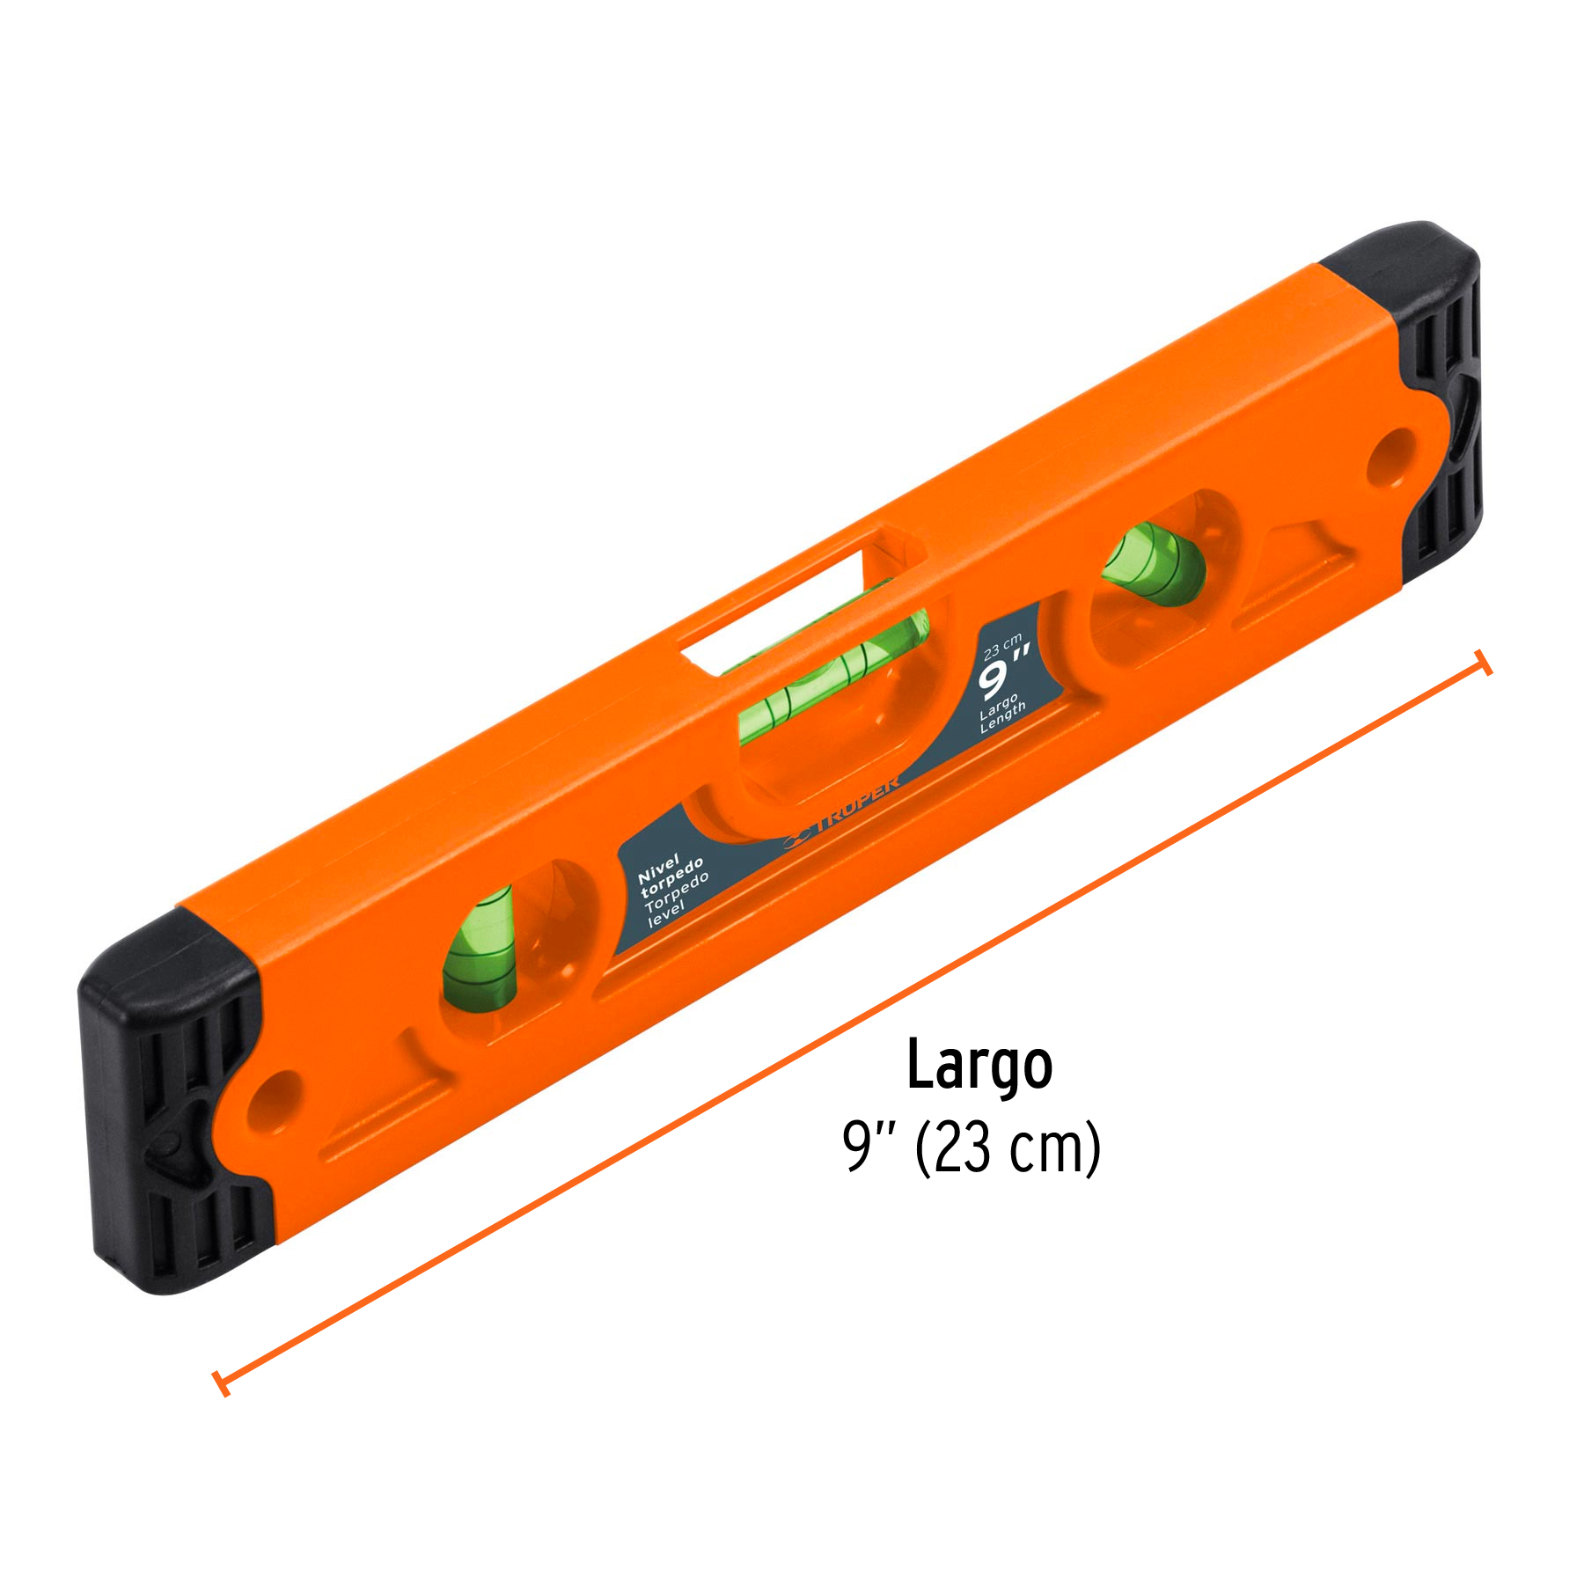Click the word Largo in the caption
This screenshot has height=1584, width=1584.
pyautogui.click(x=979, y=1066)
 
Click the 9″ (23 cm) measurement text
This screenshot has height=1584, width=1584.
pyautogui.click(x=972, y=1148)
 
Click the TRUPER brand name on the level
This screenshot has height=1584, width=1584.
pyautogui.click(x=858, y=801)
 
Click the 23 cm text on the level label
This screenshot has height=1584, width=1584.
pyautogui.click(x=1001, y=648)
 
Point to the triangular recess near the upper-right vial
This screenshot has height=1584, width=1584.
pyautogui.click(x=1294, y=563)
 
